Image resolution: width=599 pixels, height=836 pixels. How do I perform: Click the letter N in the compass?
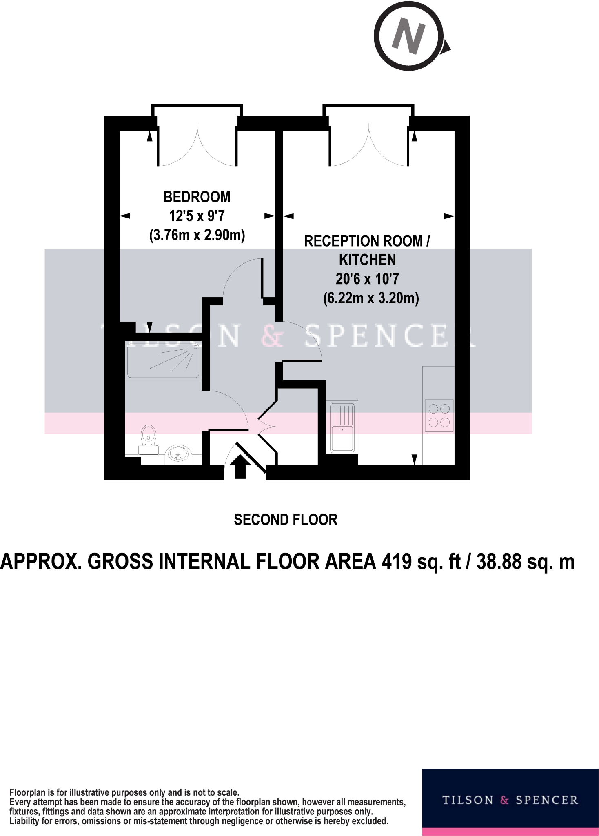point(408,37)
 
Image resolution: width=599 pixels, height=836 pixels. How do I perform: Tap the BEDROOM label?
point(197,197)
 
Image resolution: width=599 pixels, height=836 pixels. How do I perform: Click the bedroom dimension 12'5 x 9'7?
point(197,216)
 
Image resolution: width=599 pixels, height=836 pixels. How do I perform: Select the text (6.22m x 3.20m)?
point(371,298)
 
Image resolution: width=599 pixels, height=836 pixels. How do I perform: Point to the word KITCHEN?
point(367,260)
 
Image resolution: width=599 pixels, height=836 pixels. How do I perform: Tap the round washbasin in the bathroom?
point(178,454)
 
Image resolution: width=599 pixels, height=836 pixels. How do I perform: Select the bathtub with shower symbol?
point(163,361)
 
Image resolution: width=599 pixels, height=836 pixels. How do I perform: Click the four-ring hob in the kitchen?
point(439,415)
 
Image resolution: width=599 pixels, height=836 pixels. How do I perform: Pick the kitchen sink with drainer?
point(342,427)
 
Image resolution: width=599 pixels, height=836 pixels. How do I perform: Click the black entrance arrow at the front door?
point(240,466)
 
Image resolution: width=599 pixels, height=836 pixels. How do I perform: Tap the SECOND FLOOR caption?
point(286,520)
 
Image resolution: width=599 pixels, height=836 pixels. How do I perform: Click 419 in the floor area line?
point(397,562)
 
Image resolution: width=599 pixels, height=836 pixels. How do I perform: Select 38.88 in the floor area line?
point(499,562)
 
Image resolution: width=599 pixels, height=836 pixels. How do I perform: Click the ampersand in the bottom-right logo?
point(504,800)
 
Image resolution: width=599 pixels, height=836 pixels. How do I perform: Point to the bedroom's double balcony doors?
point(197,145)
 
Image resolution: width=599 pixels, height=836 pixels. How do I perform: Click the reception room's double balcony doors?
point(369,145)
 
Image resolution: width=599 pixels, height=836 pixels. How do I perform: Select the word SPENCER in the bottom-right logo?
point(547,800)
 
